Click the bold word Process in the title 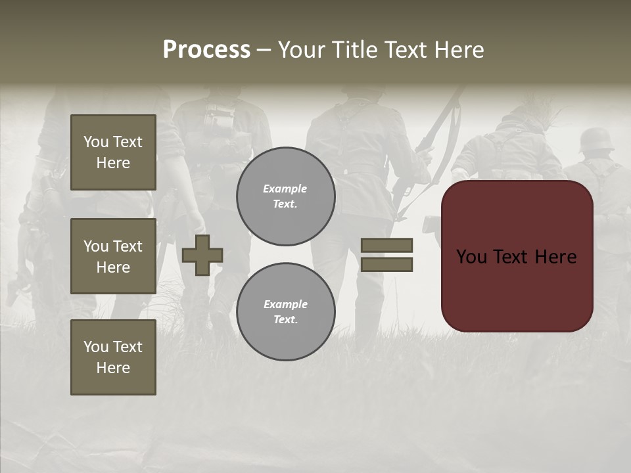click(206, 50)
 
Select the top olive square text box click(113, 152)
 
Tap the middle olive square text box click(113, 256)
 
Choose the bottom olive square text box click(113, 357)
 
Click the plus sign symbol click(202, 255)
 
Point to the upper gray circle click(285, 196)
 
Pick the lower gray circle click(285, 312)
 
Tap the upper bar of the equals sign click(386, 245)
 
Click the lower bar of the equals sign click(386, 264)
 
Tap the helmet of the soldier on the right click(597, 140)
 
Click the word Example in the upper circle click(285, 189)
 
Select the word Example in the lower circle click(285, 304)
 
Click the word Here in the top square click(113, 163)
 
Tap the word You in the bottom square click(96, 347)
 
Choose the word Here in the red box click(557, 257)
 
